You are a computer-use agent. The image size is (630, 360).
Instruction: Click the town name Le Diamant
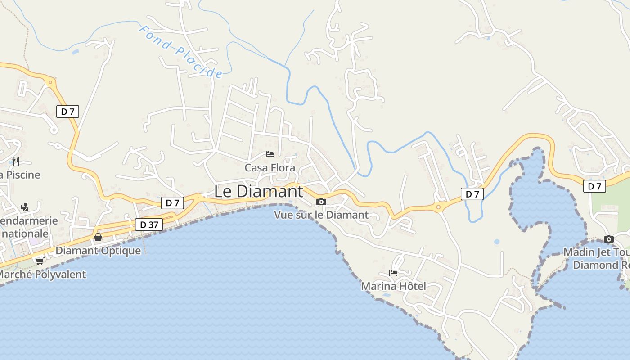(258, 191)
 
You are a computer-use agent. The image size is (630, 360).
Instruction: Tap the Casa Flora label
(270, 168)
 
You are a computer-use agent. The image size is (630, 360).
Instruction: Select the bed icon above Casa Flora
(270, 154)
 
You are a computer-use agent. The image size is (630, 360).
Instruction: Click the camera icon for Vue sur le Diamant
(321, 202)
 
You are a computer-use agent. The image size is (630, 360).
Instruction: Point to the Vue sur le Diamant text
(321, 215)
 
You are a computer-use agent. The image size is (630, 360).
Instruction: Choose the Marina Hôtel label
(393, 286)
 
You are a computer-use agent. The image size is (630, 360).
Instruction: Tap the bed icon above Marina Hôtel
(393, 273)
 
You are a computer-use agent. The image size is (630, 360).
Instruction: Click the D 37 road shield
(149, 225)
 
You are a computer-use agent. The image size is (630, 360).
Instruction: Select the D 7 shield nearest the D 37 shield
(172, 203)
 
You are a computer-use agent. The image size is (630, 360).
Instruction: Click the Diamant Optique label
(98, 251)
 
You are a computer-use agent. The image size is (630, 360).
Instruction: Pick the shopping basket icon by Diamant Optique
(98, 237)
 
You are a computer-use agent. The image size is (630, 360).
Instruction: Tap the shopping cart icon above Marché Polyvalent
(40, 261)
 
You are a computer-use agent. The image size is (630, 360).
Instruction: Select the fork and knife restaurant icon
(16, 161)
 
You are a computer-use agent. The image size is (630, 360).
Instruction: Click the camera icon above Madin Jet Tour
(609, 239)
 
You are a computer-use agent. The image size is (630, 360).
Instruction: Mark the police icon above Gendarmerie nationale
(25, 207)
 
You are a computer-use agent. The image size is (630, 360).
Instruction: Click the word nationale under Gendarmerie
(25, 234)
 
